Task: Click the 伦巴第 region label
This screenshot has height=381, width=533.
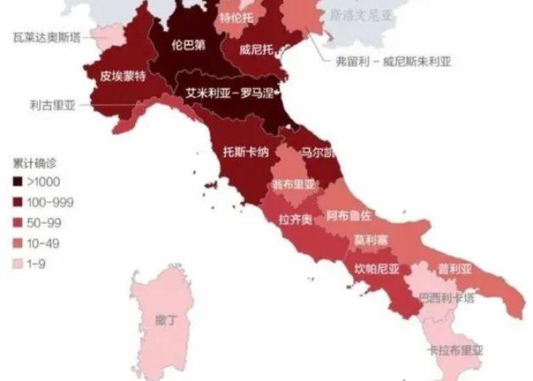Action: (x=189, y=44)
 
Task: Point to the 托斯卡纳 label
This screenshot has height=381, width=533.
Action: (x=245, y=150)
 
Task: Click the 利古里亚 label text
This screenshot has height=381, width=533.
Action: (x=53, y=107)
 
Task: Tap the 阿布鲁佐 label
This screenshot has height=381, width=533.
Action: (x=349, y=216)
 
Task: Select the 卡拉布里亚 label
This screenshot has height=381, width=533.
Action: (x=455, y=351)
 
